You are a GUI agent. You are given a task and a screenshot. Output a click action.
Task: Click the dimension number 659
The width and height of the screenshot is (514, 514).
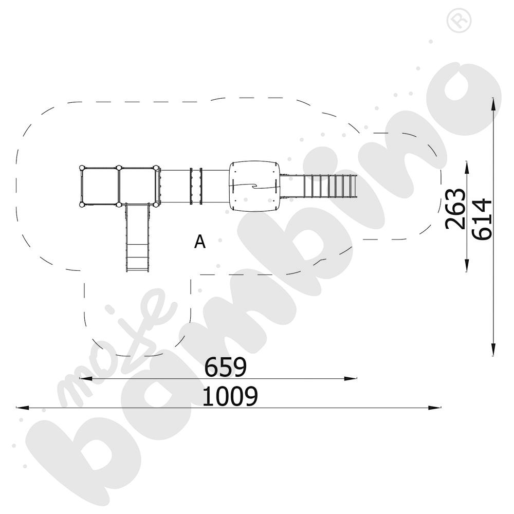click(x=225, y=367)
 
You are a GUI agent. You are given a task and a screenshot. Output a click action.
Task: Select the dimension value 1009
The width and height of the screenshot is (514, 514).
click(x=230, y=396)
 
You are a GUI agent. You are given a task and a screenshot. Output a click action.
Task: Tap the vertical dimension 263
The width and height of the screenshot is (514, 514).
click(x=455, y=209)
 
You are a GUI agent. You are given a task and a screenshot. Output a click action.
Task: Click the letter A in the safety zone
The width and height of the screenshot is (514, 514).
click(x=200, y=242)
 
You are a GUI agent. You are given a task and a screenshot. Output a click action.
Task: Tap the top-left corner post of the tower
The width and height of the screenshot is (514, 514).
click(x=82, y=168)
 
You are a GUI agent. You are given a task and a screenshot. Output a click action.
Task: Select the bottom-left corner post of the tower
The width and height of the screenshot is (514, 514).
click(x=82, y=205)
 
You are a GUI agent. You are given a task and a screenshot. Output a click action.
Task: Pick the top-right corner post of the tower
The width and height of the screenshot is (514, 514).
click(x=156, y=168)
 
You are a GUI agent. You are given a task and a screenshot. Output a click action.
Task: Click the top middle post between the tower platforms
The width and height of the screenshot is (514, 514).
click(x=119, y=168)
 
